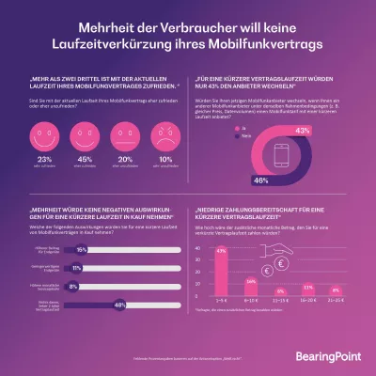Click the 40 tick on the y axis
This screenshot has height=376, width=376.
click(199, 250)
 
